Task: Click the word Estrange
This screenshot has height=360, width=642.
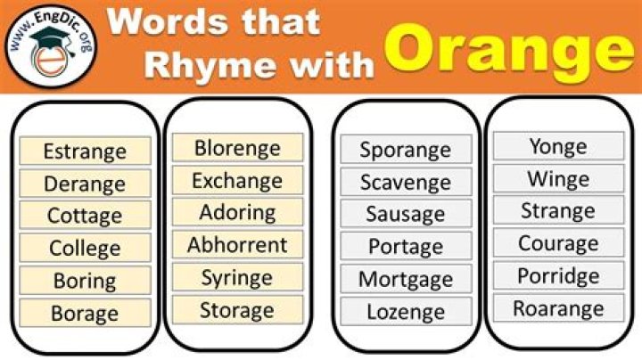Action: click(85, 151)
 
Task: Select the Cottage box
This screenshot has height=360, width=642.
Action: click(85, 216)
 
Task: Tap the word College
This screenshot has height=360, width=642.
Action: click(85, 248)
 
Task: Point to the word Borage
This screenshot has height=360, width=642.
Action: click(85, 313)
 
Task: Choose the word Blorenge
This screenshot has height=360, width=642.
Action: click(237, 148)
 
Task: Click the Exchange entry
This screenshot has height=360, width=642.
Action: click(237, 181)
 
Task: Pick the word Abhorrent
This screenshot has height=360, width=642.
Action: click(237, 245)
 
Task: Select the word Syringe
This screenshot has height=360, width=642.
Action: click(237, 277)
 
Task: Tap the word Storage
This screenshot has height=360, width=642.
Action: click(237, 310)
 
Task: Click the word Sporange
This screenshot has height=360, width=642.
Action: click(406, 150)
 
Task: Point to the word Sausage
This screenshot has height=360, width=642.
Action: click(406, 214)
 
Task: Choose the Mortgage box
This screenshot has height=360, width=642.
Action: click(406, 279)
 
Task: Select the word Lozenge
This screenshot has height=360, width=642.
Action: click(406, 312)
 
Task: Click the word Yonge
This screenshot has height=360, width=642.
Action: click(558, 146)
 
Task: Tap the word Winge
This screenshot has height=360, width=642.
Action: click(558, 178)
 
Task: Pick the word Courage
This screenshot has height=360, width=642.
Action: click(558, 243)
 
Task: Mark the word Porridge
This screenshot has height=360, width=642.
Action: click(558, 275)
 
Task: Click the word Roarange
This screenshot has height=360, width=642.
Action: click(558, 308)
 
